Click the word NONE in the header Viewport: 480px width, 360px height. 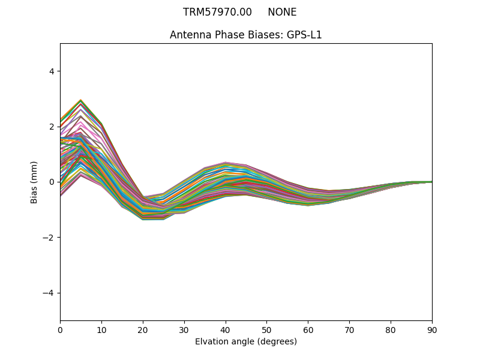tap(282, 12)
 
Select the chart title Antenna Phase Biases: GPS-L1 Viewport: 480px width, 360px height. tap(246, 35)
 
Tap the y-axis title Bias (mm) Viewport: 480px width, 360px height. tap(34, 182)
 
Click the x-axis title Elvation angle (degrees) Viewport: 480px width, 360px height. tap(246, 342)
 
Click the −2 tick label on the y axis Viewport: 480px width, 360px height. tap(48, 238)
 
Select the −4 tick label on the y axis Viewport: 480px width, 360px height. tap(48, 293)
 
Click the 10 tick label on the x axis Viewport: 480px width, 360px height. tap(101, 329)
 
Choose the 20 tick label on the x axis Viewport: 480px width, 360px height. tap(143, 329)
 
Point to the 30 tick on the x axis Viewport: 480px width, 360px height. tap(184, 329)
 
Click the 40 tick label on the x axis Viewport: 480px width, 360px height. tap(226, 329)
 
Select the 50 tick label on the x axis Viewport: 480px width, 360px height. tap(266, 329)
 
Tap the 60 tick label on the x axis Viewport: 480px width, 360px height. tap(308, 329)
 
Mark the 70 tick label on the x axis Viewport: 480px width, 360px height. tap(349, 329)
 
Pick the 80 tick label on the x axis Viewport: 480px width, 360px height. tap(391, 329)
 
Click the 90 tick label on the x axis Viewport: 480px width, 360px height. tap(432, 329)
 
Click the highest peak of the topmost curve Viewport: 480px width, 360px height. tap(80, 100)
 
